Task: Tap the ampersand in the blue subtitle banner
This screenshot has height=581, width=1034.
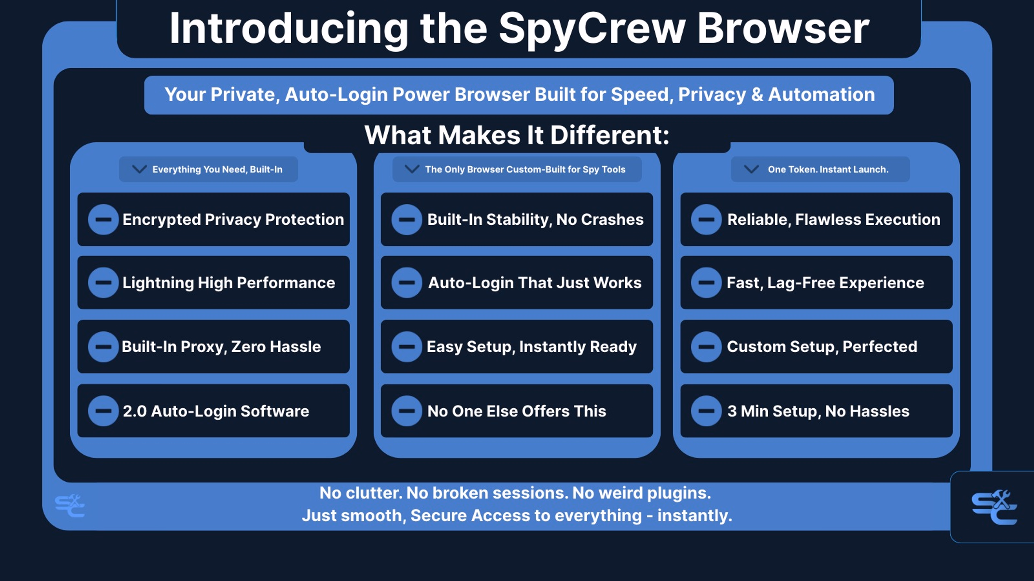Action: pyautogui.click(x=757, y=95)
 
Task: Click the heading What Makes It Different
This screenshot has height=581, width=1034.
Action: pyautogui.click(x=517, y=135)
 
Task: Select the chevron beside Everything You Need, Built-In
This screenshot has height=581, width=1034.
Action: pyautogui.click(x=139, y=169)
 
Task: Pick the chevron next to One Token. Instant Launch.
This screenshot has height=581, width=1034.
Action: pyautogui.click(x=751, y=169)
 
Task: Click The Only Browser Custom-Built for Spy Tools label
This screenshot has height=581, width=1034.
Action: pyautogui.click(x=525, y=169)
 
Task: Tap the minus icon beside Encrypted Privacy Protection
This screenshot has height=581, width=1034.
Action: pyautogui.click(x=103, y=219)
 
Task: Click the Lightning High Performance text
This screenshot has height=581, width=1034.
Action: pyautogui.click(x=229, y=283)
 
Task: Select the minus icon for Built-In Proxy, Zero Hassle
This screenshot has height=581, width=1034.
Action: pyautogui.click(x=103, y=347)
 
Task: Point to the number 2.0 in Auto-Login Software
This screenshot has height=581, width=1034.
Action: pyautogui.click(x=135, y=411)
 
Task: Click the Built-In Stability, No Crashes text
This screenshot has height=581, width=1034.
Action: pyautogui.click(x=535, y=219)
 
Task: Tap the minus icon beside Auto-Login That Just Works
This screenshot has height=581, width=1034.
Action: pyautogui.click(x=407, y=283)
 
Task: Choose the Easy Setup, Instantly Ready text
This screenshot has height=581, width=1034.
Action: pyautogui.click(x=532, y=347)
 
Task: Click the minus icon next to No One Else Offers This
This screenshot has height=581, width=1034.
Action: pyautogui.click(x=407, y=411)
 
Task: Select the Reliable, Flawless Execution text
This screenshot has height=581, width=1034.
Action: pyautogui.click(x=834, y=219)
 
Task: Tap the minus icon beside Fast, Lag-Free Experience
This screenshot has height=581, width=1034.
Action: pyautogui.click(x=706, y=283)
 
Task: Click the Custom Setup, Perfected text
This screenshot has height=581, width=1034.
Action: pyautogui.click(x=822, y=347)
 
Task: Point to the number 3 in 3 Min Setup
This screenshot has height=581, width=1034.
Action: pyautogui.click(x=732, y=411)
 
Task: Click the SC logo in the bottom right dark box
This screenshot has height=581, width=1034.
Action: pyautogui.click(x=994, y=507)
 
